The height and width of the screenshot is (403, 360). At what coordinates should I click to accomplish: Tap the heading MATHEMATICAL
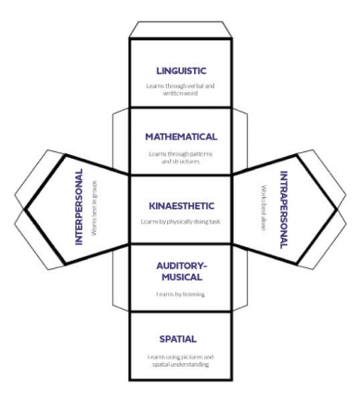click(x=180, y=136)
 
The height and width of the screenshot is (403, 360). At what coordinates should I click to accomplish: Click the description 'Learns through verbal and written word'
click(x=180, y=89)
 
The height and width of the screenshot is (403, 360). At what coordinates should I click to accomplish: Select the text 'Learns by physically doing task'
click(x=180, y=223)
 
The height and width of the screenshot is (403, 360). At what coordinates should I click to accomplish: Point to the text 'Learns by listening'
click(x=180, y=294)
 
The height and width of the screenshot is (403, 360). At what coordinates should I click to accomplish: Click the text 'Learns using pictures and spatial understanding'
click(x=180, y=360)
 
